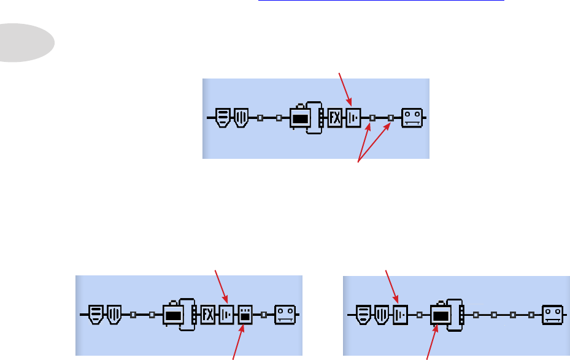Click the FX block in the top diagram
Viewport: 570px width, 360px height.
334,118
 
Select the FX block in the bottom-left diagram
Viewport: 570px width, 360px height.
208,315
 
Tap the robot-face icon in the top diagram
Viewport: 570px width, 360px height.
412,118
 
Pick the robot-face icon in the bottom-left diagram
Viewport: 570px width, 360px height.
284,315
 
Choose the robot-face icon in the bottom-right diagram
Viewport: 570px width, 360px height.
552,315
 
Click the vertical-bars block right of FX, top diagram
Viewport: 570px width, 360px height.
353,118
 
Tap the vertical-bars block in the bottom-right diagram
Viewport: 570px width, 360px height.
400,315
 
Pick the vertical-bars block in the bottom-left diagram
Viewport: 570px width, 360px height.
226,315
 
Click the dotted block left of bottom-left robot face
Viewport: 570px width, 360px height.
245,315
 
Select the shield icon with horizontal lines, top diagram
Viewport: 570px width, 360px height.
223,118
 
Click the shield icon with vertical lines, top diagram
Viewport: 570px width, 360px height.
241,118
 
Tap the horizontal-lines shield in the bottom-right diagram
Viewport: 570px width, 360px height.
364,315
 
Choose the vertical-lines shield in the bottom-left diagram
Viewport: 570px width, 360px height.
114,315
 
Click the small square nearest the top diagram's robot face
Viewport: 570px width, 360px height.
390,118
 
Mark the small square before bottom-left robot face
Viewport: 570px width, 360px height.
264,315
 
